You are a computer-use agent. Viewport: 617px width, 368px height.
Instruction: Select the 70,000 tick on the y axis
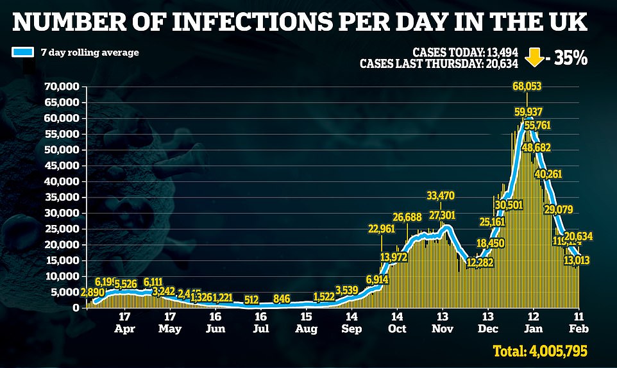click(x=62, y=87)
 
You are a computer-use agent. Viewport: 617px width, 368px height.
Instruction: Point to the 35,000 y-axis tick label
click(x=62, y=197)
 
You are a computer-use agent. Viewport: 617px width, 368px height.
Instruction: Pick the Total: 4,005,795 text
click(x=541, y=351)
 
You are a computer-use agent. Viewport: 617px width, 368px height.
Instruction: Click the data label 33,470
click(x=442, y=196)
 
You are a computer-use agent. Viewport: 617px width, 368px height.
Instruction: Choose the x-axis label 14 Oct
click(x=397, y=321)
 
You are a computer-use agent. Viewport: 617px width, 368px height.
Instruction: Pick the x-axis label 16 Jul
click(x=260, y=321)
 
